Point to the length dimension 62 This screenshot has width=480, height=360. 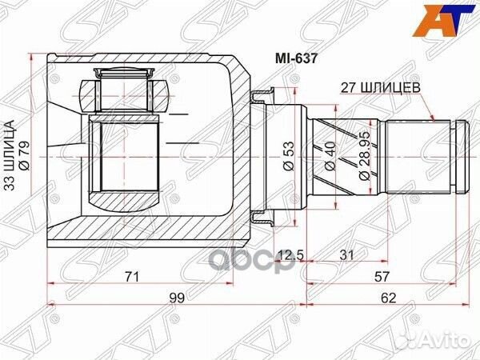(x=387, y=298)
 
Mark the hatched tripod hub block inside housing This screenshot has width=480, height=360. (x=124, y=156)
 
